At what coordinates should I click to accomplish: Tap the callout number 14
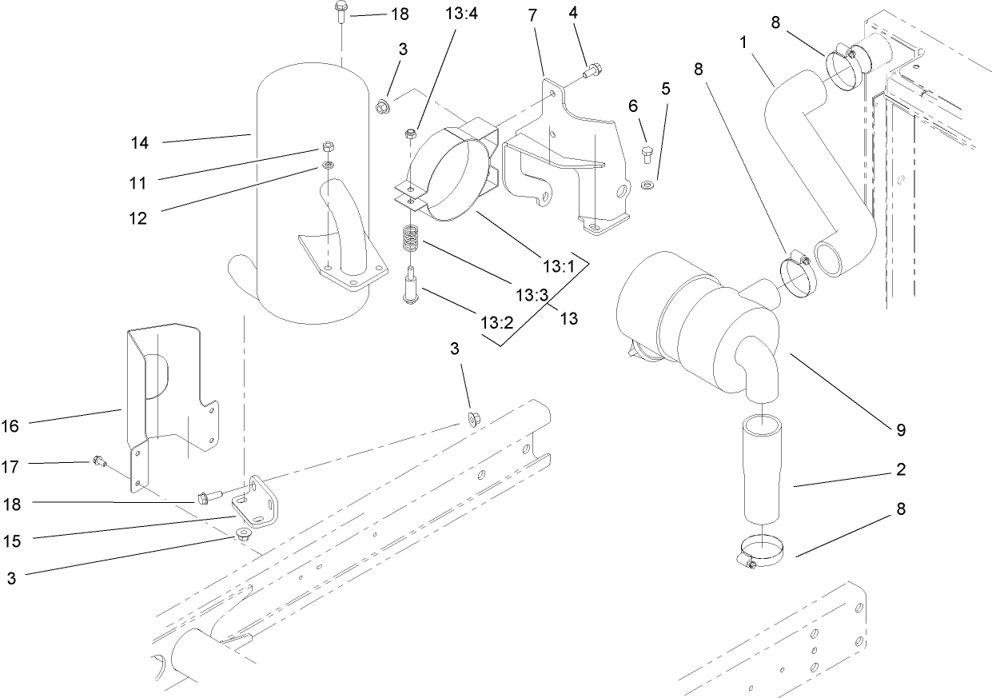click(x=140, y=143)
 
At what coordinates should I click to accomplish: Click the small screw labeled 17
click(x=99, y=461)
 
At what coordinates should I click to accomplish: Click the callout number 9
click(x=901, y=430)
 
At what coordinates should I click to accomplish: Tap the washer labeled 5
click(x=647, y=185)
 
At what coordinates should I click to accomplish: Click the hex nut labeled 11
click(x=327, y=147)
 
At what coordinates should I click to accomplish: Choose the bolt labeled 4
click(x=592, y=72)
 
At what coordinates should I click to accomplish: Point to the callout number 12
click(x=137, y=217)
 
